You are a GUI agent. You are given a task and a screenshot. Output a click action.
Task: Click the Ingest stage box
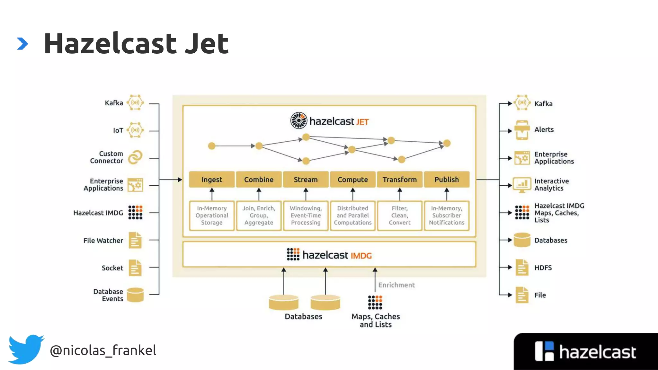click(x=212, y=180)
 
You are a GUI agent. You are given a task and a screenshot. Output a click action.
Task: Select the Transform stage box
click(x=399, y=180)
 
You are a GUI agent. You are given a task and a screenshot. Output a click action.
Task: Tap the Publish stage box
click(x=447, y=180)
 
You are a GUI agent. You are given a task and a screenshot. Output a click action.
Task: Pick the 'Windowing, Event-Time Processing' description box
click(x=306, y=216)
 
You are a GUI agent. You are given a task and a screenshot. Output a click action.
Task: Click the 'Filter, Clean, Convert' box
click(x=399, y=216)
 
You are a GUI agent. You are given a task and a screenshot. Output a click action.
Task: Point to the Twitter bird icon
click(x=26, y=349)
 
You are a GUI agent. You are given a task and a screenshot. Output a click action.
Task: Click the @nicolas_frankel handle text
click(x=103, y=350)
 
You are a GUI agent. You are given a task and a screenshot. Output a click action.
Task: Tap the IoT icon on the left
click(x=135, y=130)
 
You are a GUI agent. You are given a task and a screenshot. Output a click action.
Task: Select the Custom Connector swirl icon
click(x=135, y=157)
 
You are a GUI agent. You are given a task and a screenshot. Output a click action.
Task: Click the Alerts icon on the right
click(x=522, y=130)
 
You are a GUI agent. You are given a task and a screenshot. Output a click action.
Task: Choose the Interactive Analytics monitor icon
click(x=522, y=185)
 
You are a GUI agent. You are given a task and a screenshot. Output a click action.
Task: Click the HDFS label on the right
click(x=543, y=268)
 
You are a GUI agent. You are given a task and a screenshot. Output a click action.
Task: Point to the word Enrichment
click(x=396, y=285)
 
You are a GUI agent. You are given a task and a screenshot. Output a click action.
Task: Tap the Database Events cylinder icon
click(x=135, y=295)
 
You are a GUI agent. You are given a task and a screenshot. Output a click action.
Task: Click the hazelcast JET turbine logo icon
click(x=299, y=120)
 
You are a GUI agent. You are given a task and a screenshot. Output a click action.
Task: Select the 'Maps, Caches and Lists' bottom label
click(x=376, y=320)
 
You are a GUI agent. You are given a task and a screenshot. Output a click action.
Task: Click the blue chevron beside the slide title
click(x=22, y=44)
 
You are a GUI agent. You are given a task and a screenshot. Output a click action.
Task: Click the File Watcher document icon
click(x=135, y=240)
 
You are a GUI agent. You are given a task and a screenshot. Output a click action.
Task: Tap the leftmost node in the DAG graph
click(x=212, y=146)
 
